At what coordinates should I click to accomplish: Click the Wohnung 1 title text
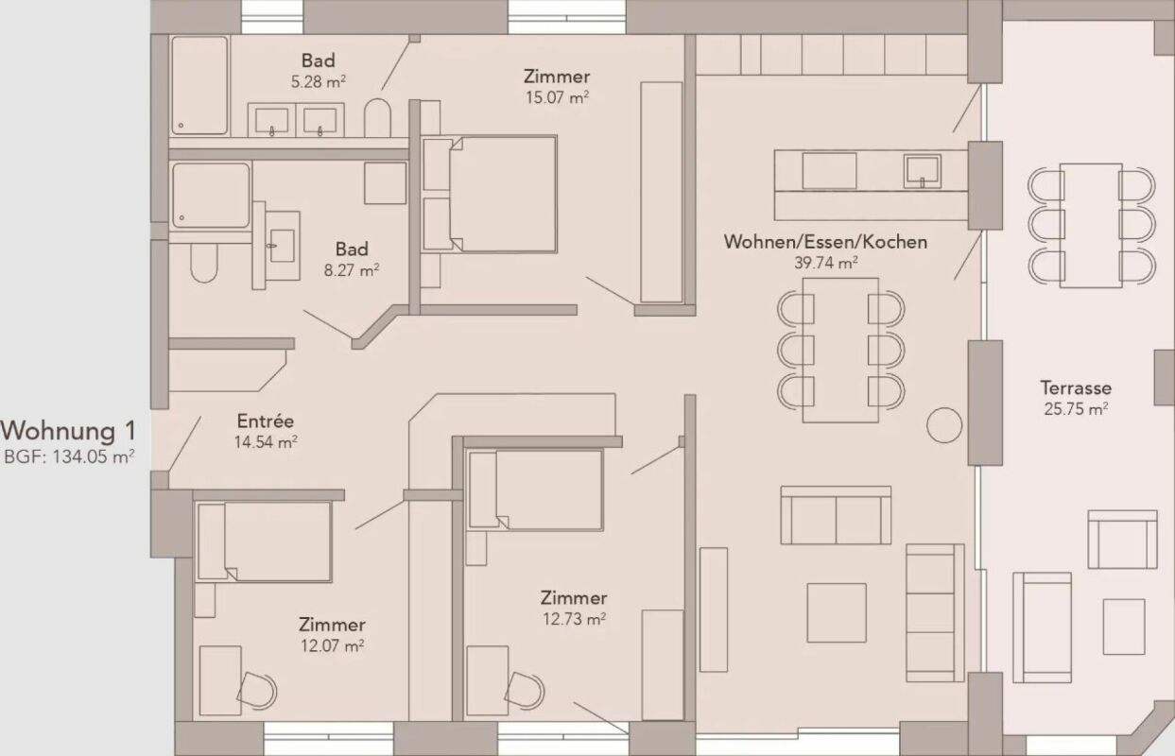(x=68, y=431)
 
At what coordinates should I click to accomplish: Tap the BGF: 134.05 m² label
(x=69, y=456)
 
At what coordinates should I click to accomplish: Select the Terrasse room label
(x=1076, y=387)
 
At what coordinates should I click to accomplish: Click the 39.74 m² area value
(x=825, y=263)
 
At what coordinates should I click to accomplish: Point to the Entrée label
(x=265, y=421)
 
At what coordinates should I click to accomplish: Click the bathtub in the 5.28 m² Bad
(x=199, y=85)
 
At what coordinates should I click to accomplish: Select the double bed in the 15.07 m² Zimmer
(x=501, y=194)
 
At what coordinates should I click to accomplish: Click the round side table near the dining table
(x=943, y=425)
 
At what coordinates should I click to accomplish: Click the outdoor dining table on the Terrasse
(x=1090, y=225)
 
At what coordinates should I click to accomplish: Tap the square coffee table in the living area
(x=836, y=612)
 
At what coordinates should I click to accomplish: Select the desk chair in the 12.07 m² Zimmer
(x=256, y=690)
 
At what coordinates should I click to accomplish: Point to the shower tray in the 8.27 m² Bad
(x=211, y=196)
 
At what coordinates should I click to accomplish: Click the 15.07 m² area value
(x=557, y=96)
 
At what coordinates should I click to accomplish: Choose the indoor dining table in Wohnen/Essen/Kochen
(x=840, y=350)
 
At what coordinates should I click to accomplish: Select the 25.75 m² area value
(x=1076, y=409)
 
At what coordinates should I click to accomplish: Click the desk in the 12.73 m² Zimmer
(x=487, y=679)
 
